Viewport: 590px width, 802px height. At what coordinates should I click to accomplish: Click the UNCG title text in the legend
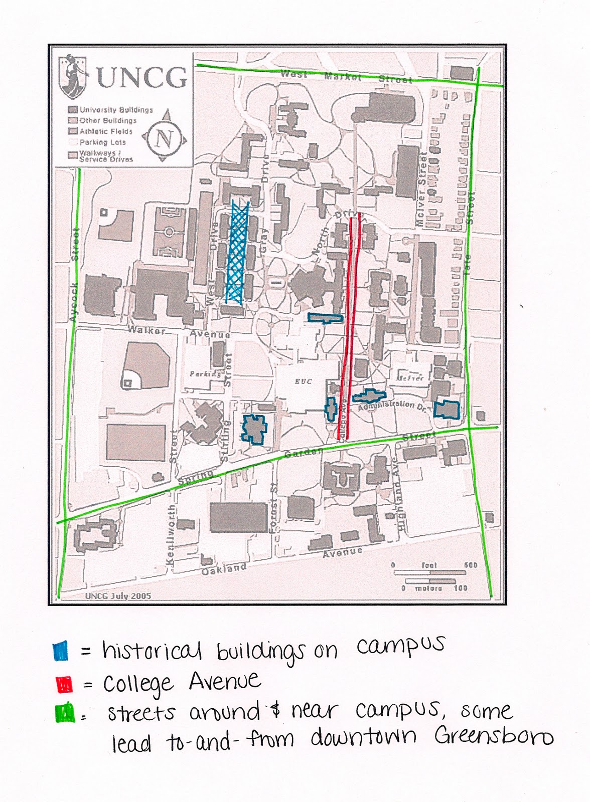point(142,78)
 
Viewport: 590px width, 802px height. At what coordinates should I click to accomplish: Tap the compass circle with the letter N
point(164,137)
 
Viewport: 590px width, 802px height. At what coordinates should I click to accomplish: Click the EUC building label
point(304,381)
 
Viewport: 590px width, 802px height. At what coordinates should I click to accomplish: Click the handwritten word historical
point(152,650)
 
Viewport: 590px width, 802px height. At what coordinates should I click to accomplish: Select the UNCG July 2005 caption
point(118,596)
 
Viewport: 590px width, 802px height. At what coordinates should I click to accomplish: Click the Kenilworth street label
point(171,535)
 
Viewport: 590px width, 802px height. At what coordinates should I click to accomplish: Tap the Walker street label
point(146,330)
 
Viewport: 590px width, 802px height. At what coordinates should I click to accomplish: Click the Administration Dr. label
point(394,405)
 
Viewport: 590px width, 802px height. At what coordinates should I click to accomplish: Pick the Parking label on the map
point(205,373)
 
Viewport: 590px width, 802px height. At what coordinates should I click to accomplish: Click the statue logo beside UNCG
point(72,76)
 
